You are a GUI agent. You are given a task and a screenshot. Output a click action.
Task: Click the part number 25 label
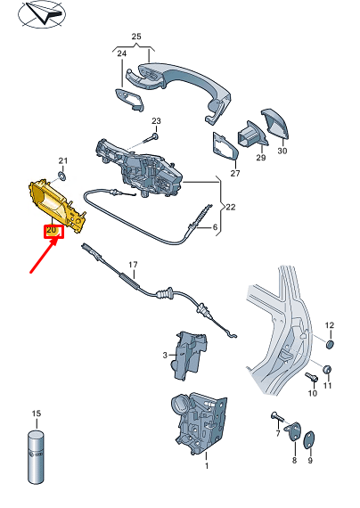[x=136, y=37]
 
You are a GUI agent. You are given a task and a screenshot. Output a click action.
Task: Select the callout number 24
[x=121, y=54]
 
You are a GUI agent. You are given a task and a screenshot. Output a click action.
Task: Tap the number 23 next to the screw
[x=156, y=120]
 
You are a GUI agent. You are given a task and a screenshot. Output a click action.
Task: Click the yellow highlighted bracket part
[x=56, y=203]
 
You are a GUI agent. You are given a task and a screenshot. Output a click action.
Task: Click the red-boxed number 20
[x=52, y=231]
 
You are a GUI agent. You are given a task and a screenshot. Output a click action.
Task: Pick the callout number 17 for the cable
[x=134, y=265]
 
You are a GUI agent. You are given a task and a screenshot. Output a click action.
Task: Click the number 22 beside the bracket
[x=230, y=207]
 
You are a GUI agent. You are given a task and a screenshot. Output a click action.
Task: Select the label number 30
[x=282, y=151]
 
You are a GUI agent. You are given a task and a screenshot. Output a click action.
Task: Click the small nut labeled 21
[x=62, y=174]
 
